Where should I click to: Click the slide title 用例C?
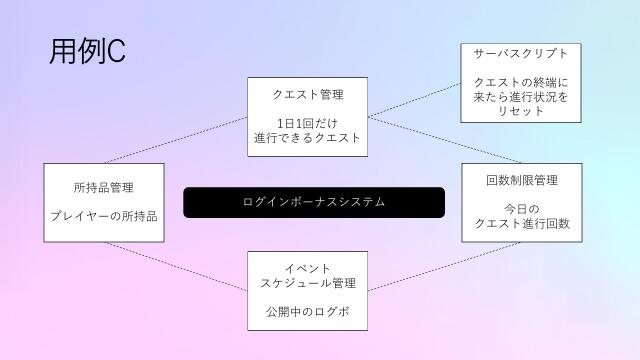(86, 53)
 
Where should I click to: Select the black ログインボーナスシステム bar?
(313, 202)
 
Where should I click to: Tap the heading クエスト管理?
(308, 95)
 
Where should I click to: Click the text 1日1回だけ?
(308, 124)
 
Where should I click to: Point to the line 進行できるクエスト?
(308, 138)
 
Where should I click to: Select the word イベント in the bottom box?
(308, 268)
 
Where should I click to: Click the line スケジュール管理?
(308, 283)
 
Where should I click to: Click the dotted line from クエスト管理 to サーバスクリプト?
(414, 100)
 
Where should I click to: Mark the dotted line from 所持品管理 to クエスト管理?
(175, 140)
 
